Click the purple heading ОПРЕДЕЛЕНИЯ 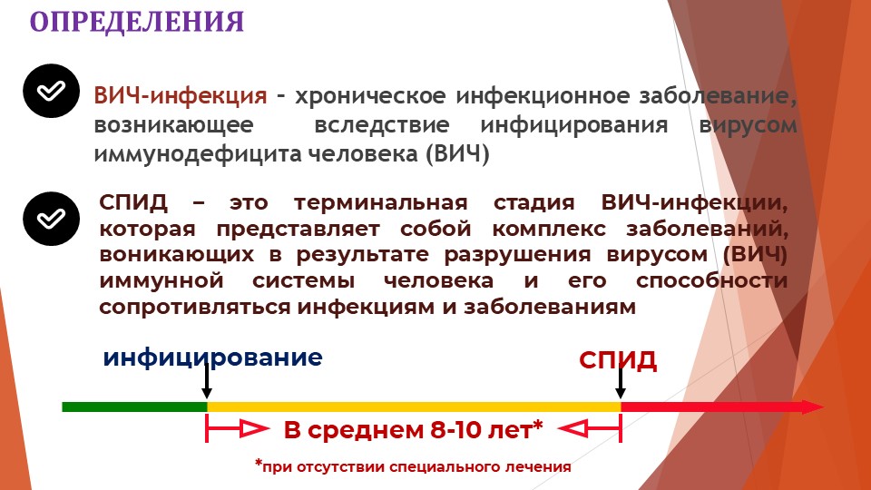coord(137,22)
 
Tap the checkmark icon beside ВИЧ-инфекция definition coord(51,91)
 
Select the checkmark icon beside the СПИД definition coord(51,219)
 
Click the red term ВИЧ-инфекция coord(180,96)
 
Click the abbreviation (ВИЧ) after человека coord(457,153)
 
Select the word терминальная coord(380,202)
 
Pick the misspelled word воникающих coord(177,255)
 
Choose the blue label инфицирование coord(212,358)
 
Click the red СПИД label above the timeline coord(618,360)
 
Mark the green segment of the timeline coord(134,407)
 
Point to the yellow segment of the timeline coord(414,407)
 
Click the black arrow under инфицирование coord(207,381)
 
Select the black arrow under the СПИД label coord(621,382)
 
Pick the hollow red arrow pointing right coord(239,429)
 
